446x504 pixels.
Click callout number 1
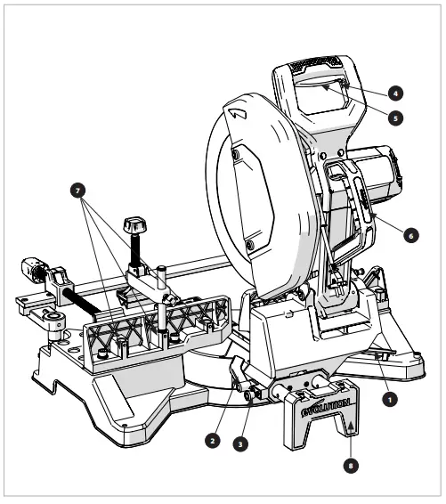[x=389, y=400]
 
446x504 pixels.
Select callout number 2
[x=211, y=439]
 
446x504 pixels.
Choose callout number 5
[x=394, y=117]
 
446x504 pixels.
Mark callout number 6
[x=410, y=236]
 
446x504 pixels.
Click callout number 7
[x=82, y=191]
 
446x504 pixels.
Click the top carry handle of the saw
[x=316, y=71]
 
